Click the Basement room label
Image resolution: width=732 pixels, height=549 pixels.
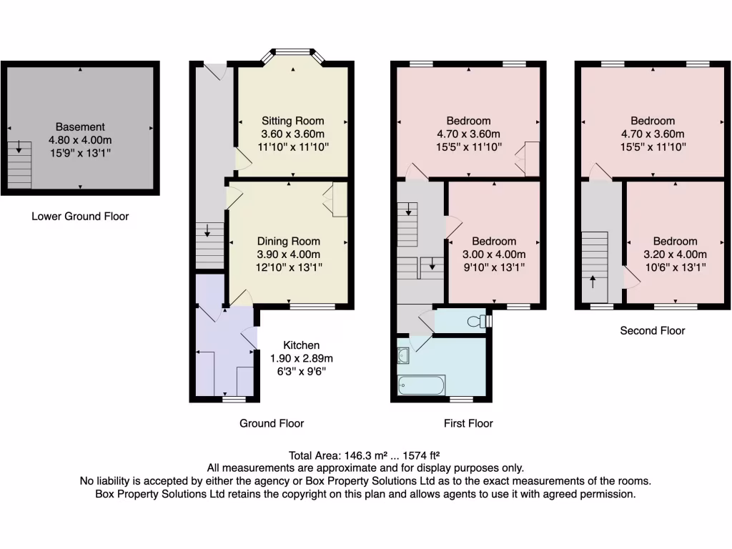(80, 127)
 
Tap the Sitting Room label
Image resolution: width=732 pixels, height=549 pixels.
(292, 121)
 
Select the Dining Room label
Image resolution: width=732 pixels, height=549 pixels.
(289, 242)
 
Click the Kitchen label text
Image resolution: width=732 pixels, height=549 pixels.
(301, 345)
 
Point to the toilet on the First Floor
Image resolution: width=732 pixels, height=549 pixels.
(474, 322)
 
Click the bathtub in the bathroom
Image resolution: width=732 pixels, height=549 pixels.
(421, 385)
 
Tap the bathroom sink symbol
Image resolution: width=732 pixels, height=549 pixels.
(402, 355)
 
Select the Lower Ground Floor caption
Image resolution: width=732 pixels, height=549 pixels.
(80, 216)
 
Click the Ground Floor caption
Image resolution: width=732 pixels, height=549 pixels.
(272, 423)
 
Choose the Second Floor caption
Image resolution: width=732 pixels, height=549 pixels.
(652, 330)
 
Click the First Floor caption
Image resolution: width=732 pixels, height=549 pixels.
(468, 423)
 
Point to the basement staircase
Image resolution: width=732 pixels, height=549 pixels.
(19, 164)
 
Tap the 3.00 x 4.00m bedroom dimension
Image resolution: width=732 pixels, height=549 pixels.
(494, 254)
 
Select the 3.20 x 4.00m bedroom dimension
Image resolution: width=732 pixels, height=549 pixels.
(675, 254)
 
